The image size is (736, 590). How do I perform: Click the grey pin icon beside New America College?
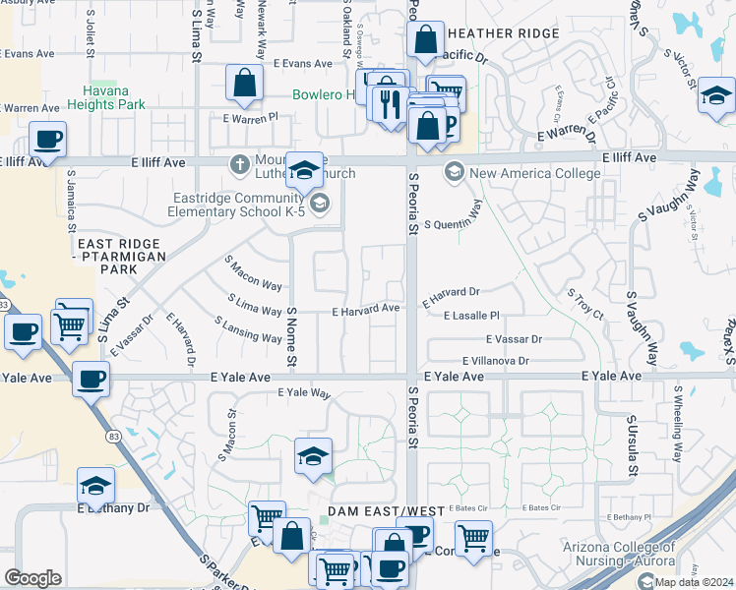[x=454, y=172]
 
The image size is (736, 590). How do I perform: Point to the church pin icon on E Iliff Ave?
[x=238, y=164]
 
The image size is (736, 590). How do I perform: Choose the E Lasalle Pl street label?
[x=472, y=316]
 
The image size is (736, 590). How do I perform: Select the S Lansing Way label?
[x=248, y=329]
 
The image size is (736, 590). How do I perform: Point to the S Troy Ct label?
[x=584, y=304]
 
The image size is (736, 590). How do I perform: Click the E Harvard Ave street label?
[x=365, y=309]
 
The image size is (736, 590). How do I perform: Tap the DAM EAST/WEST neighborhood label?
[x=385, y=511]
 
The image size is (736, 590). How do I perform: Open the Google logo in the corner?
[x=33, y=578]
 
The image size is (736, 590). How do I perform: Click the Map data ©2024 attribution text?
[x=693, y=582]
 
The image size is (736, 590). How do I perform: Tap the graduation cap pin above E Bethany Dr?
[x=95, y=486]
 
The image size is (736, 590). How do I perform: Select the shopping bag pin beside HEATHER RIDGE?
[x=425, y=40]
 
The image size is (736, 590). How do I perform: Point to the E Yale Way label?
[x=304, y=392]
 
